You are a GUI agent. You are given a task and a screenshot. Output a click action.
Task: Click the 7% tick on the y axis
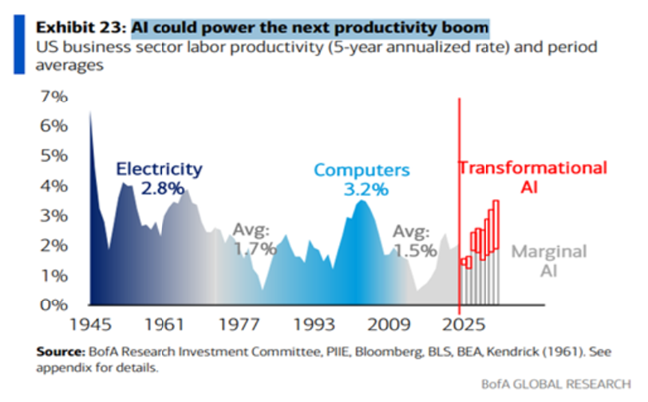52,97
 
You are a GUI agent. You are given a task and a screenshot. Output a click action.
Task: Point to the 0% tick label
51,303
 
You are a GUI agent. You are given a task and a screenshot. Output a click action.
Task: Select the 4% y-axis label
52,185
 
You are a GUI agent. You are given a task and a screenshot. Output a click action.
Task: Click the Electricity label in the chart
158,169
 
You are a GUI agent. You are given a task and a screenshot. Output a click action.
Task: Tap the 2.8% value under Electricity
158,188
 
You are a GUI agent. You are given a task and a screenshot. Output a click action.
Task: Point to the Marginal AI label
549,261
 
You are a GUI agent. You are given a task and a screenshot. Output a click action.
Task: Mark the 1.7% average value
254,249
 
